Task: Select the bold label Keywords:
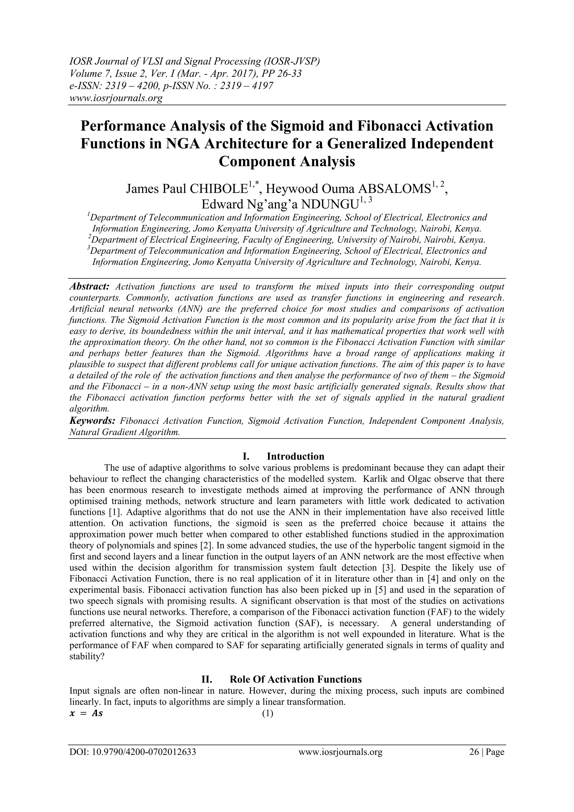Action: [x=92, y=421]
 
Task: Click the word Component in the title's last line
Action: [x=257, y=162]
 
